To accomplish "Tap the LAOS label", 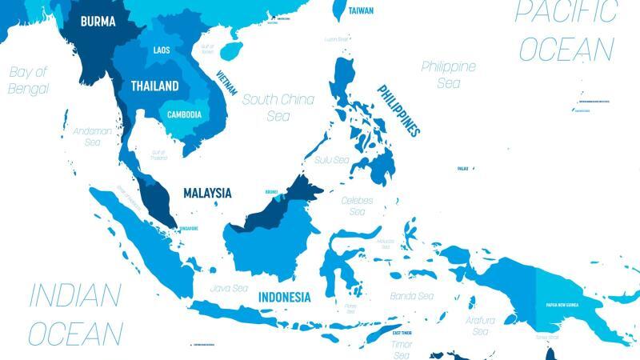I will click(161, 50).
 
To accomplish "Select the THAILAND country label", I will click(155, 85).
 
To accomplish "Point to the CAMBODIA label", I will click(184, 114).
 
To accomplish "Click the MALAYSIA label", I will click(207, 193).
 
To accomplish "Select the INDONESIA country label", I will click(284, 297).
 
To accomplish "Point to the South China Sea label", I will click(278, 107).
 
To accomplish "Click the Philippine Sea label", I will click(448, 74).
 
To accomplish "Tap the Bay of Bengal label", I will click(29, 80).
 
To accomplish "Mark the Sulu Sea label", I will click(332, 160).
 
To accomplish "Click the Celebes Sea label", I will click(357, 206).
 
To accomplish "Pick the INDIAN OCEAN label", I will click(75, 313).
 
